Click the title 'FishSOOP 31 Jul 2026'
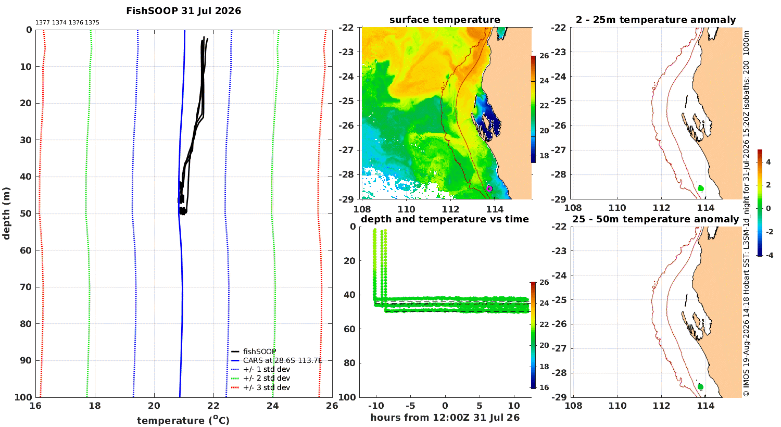[x=183, y=11]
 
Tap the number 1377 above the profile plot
[x=43, y=23]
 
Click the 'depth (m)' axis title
[x=6, y=213]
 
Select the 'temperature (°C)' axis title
[x=183, y=420]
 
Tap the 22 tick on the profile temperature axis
[x=213, y=406]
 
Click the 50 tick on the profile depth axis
[x=26, y=213]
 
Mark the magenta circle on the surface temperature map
[x=489, y=189]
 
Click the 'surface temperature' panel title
[x=445, y=20]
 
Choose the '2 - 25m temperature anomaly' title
[x=656, y=20]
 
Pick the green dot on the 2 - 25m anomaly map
[x=701, y=189]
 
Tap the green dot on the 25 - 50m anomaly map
[x=700, y=387]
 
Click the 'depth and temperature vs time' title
[x=445, y=219]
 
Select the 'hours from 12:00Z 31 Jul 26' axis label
[x=445, y=418]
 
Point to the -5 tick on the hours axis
[x=410, y=406]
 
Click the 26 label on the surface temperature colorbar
[x=544, y=56]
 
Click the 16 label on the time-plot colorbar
[x=544, y=387]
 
